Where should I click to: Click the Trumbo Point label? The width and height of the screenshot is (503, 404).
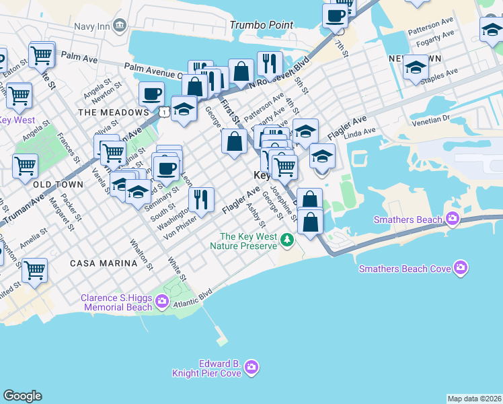coord(258,24)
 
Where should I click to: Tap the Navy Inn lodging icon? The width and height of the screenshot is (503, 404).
coord(120,26)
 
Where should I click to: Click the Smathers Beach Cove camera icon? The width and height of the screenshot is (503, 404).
coord(461,268)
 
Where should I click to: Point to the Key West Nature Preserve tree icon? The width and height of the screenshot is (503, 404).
coord(288,240)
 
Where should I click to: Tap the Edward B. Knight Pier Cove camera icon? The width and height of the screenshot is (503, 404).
coord(251,367)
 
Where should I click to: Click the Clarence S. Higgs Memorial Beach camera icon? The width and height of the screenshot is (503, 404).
coord(161,302)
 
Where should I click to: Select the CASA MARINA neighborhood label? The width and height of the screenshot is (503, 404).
coord(104,264)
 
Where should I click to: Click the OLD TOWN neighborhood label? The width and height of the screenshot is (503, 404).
coord(58,184)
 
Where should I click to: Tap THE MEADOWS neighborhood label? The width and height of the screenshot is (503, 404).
coord(112,112)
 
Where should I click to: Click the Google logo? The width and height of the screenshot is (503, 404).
coord(22,396)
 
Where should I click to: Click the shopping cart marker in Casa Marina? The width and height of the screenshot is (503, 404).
coord(34,269)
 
